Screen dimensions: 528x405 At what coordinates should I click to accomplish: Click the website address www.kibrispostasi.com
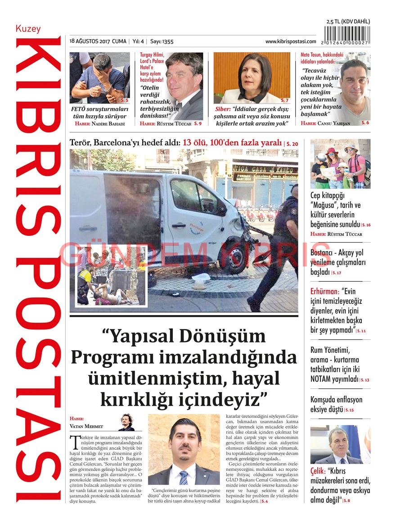290,41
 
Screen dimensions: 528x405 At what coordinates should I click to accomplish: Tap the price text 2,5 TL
333,22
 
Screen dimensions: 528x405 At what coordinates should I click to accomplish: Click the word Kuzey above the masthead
28,29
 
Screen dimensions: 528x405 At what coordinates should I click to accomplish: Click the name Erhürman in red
324,291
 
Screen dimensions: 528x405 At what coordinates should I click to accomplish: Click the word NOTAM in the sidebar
322,379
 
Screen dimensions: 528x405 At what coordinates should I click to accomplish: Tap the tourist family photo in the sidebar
340,164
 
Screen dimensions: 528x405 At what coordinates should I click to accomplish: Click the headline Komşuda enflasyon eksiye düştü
336,404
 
